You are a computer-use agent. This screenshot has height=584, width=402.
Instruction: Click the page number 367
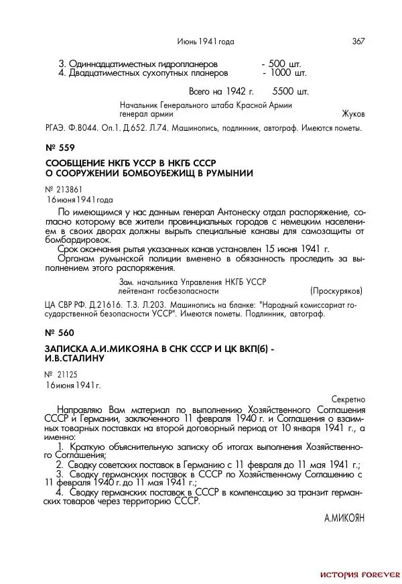(x=358, y=42)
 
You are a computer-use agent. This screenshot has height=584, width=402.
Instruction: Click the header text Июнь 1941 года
(x=206, y=42)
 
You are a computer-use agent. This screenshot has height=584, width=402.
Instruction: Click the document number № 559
(x=60, y=148)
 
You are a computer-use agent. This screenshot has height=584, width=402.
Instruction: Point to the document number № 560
(x=60, y=333)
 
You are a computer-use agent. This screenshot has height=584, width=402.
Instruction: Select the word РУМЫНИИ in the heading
(x=229, y=174)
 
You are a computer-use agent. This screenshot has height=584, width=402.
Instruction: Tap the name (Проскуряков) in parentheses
(x=336, y=291)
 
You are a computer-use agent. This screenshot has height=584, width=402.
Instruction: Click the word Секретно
(x=348, y=398)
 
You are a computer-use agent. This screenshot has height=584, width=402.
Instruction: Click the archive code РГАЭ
(x=56, y=127)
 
